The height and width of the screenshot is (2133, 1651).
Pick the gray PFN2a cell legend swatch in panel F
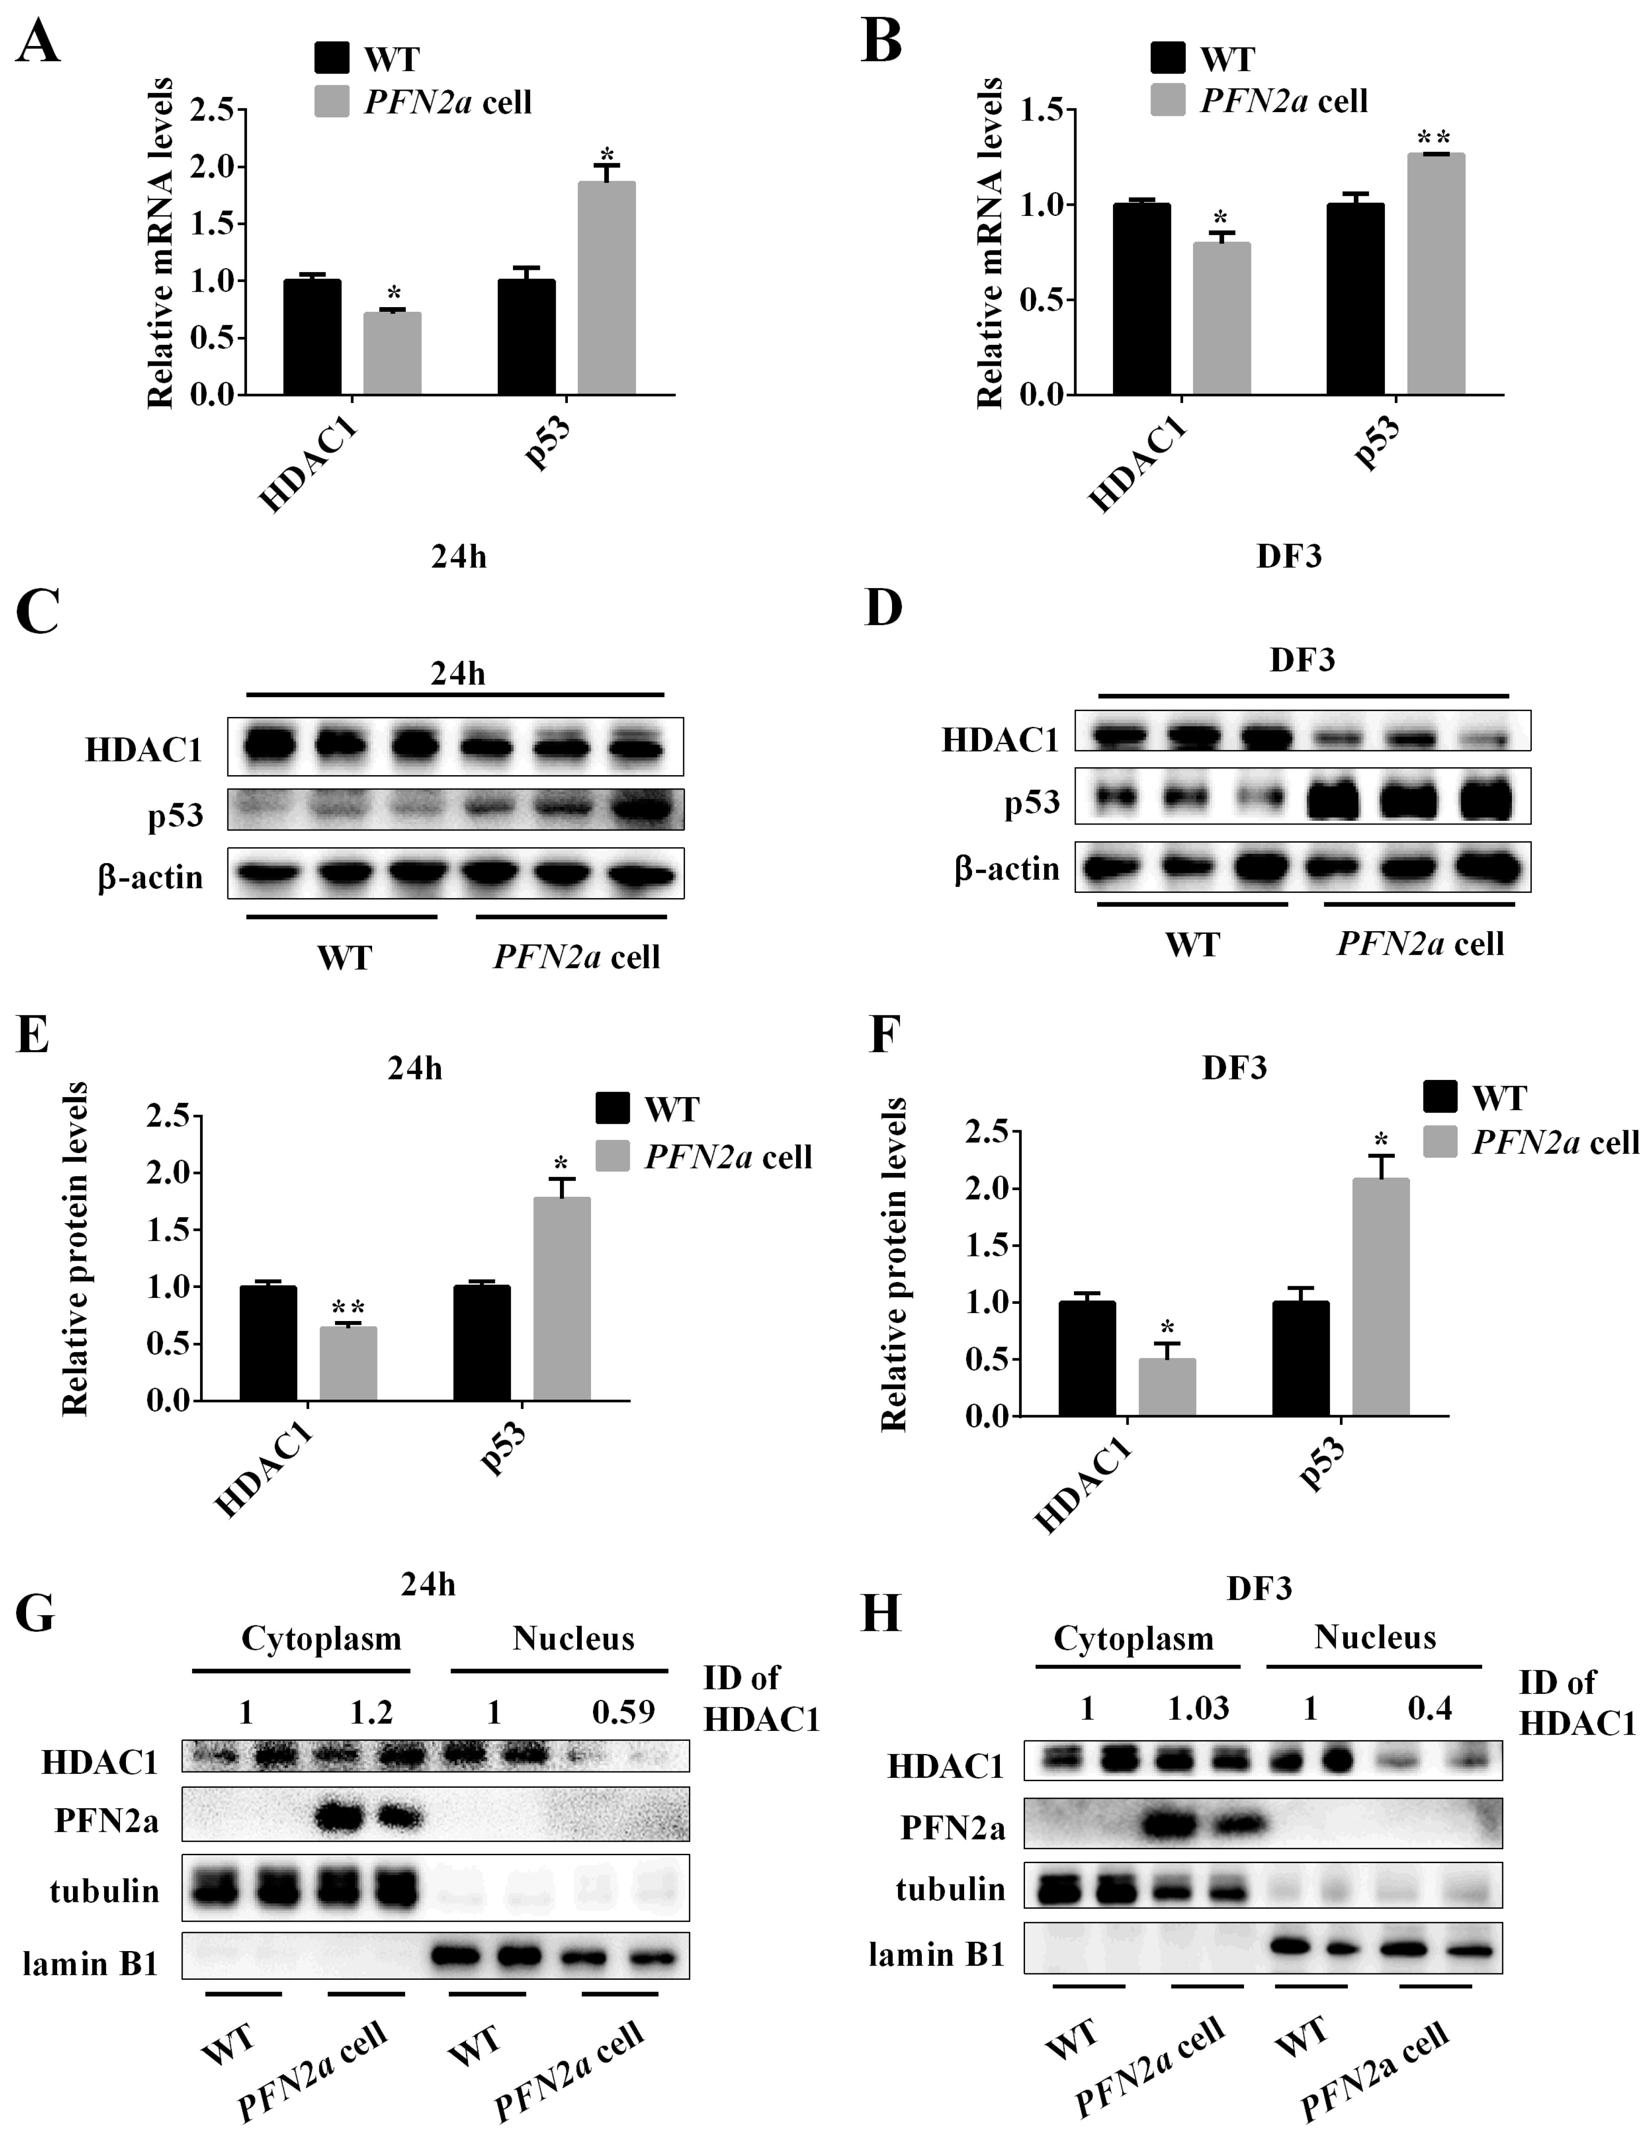1440,1141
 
